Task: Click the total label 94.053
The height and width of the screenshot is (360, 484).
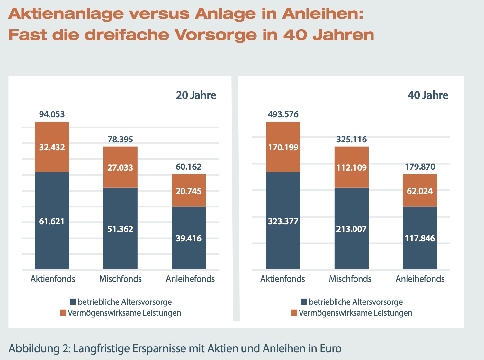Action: [x=52, y=114]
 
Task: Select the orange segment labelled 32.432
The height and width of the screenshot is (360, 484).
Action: [x=52, y=147]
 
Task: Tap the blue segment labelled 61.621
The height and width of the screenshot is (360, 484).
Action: [x=52, y=221]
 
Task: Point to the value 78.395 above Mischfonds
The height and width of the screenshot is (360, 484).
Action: [x=120, y=139]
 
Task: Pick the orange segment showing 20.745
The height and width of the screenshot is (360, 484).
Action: [x=189, y=191]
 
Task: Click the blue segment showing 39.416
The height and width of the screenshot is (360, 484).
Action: [x=189, y=238]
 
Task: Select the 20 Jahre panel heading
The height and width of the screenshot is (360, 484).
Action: [x=196, y=95]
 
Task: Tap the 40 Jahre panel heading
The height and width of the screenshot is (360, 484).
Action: [x=428, y=95]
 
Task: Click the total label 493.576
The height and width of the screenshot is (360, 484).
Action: [x=283, y=114]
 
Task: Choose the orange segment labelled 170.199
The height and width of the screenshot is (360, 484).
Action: [x=283, y=147]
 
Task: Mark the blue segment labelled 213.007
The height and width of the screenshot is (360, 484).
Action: [x=351, y=229]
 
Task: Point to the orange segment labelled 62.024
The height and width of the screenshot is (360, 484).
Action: [x=420, y=191]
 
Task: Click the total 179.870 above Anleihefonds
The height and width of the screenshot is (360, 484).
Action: [x=420, y=167]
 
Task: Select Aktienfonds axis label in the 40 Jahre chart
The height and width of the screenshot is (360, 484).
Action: [x=282, y=279]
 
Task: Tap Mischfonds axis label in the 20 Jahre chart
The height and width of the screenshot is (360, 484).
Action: [x=120, y=279]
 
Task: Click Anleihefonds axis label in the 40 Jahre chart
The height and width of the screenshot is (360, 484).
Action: [x=420, y=279]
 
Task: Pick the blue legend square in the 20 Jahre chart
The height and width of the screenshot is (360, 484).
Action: [x=73, y=302]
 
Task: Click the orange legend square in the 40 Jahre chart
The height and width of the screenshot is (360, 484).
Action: [x=294, y=313]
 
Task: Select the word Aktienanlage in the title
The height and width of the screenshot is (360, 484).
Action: [x=66, y=14]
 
